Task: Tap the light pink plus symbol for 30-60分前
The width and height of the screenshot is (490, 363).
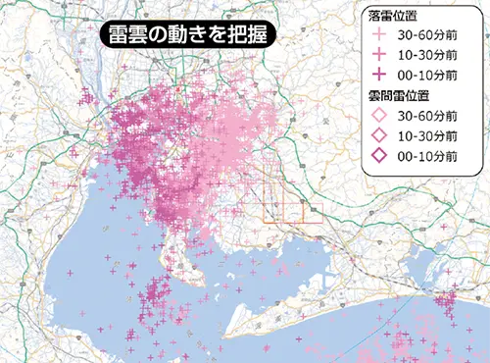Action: [x=378, y=34]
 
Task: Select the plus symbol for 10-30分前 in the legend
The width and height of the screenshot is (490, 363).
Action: [x=378, y=54]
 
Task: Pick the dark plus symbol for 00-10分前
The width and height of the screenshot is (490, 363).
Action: [x=378, y=74]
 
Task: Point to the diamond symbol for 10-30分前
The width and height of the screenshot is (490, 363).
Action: [x=378, y=134]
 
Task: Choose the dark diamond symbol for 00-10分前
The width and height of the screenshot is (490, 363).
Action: [x=378, y=154]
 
